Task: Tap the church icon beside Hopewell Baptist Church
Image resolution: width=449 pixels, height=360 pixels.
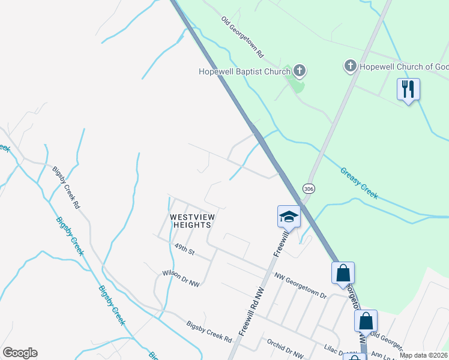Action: (x=299, y=71)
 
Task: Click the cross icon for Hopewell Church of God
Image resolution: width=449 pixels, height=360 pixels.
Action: (x=350, y=66)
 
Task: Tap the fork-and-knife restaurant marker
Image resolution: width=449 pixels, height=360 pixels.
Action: (x=408, y=89)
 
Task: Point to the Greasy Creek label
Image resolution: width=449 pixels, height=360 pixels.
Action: (x=359, y=182)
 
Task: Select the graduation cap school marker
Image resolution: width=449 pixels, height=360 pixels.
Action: (x=289, y=216)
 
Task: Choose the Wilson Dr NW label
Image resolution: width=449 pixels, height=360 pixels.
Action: (x=180, y=274)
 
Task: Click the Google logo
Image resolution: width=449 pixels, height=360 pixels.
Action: (x=19, y=353)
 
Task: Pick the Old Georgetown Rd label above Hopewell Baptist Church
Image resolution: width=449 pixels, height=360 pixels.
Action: (x=243, y=37)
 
